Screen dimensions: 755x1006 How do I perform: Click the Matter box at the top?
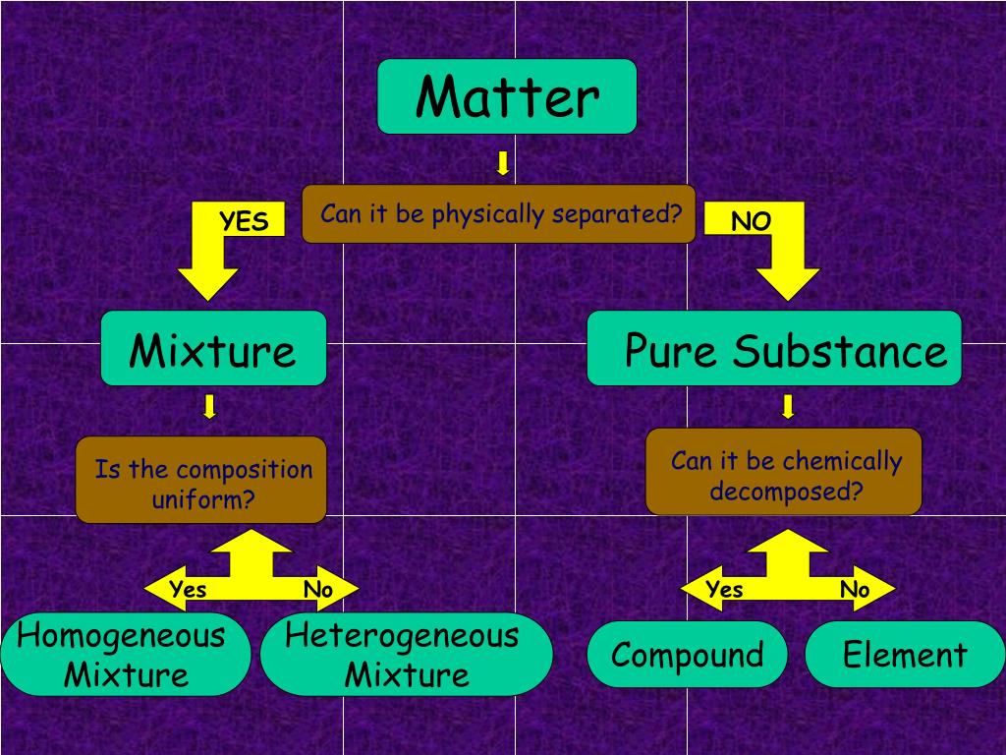[507, 96]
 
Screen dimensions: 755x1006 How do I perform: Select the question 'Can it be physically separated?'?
[499, 213]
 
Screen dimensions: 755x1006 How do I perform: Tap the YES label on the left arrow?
[244, 222]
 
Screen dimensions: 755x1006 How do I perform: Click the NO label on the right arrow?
[752, 222]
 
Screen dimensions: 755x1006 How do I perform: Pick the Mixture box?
[213, 349]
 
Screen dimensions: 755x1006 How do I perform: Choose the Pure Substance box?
[774, 349]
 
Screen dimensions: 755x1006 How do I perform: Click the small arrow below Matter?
[503, 163]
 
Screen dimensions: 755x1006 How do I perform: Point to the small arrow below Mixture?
[209, 406]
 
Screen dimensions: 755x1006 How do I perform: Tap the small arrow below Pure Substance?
[787, 406]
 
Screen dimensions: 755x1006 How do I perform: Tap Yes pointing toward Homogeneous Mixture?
[188, 590]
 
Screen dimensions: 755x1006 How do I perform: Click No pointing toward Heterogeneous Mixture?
[318, 590]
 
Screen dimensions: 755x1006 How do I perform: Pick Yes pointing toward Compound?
[724, 590]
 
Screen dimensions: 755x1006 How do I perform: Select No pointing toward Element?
[855, 590]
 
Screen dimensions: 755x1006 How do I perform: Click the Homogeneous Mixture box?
[125, 656]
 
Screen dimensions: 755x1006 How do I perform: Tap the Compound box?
[688, 655]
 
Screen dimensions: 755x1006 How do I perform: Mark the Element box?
[905, 655]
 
